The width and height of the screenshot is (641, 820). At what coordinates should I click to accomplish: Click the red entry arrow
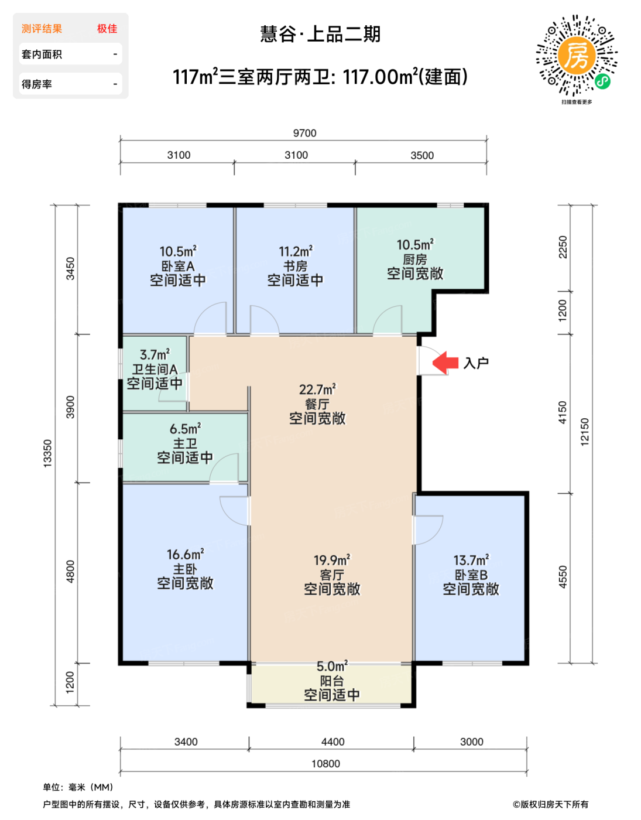click(x=445, y=362)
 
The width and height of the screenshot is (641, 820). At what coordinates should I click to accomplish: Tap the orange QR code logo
click(x=577, y=56)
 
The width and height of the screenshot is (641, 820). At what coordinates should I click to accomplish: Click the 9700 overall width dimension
click(x=304, y=133)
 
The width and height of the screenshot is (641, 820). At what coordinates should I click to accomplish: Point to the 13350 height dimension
click(x=47, y=453)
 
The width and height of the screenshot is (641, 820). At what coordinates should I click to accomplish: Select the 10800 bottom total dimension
click(x=325, y=763)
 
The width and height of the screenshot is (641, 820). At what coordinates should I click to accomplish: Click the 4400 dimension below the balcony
click(x=333, y=742)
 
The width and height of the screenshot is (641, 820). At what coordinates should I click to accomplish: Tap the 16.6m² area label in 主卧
click(x=185, y=554)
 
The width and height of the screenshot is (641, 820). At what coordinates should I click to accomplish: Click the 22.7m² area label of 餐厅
click(x=317, y=389)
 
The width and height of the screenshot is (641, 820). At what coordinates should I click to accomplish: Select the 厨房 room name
click(x=415, y=259)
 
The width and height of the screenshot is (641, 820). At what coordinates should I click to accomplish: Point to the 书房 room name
click(x=295, y=266)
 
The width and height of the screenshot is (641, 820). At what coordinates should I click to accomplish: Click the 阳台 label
click(x=332, y=681)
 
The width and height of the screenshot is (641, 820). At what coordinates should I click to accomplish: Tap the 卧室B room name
click(x=471, y=575)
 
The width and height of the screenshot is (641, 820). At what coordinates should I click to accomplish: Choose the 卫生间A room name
click(x=155, y=369)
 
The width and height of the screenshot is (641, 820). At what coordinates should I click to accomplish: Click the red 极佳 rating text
click(x=107, y=29)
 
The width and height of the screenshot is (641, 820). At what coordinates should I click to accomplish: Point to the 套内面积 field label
click(x=42, y=54)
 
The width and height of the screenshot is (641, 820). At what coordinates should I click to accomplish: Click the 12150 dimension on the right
click(x=584, y=432)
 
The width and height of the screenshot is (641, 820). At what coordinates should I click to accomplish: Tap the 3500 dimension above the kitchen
click(x=422, y=155)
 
